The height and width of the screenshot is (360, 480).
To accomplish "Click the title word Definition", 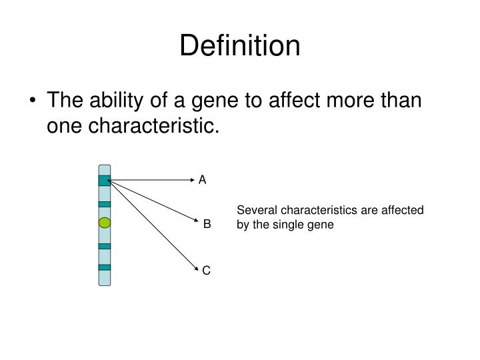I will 240,45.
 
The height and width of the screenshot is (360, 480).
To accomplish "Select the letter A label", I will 203,180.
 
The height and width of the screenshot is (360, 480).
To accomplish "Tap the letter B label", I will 207,225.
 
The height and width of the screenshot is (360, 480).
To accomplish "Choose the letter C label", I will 207,270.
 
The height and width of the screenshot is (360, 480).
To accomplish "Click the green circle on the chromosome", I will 104,223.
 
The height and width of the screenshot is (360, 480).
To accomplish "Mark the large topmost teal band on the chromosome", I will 104,180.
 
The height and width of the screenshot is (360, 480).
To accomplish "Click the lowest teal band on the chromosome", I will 104,267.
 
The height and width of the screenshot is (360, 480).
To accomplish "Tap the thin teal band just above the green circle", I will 104,204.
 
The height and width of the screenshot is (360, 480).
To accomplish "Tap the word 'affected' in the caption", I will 403,211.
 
